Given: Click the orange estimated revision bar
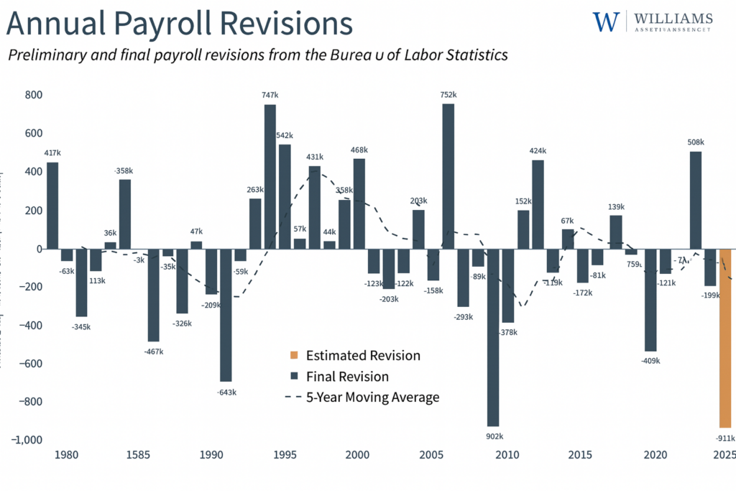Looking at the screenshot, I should (725, 338).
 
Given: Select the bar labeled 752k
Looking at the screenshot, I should (448, 176).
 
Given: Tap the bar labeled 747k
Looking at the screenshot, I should (270, 176).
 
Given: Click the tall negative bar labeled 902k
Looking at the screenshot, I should (492, 338).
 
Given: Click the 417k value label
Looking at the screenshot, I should (52, 152).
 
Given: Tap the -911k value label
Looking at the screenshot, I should (725, 438).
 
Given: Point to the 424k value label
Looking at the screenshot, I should (537, 151).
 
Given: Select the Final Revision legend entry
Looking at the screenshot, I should (347, 377).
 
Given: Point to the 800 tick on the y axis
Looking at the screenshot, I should (32, 95).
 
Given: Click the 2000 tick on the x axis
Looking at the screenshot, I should (357, 455).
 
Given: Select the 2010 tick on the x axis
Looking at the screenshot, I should (507, 455).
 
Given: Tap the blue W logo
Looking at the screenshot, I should (606, 22).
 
